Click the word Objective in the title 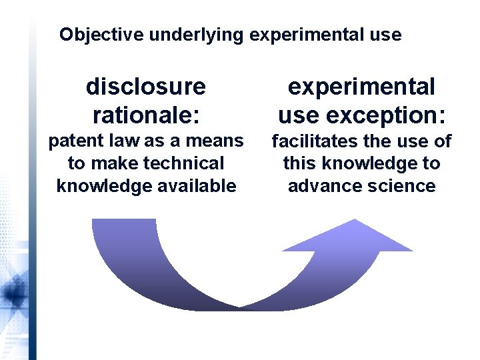click(x=101, y=35)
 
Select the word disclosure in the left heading click(x=146, y=86)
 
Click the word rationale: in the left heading click(x=146, y=115)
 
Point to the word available click(x=199, y=186)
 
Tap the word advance click(x=322, y=186)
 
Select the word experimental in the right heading click(x=361, y=86)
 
